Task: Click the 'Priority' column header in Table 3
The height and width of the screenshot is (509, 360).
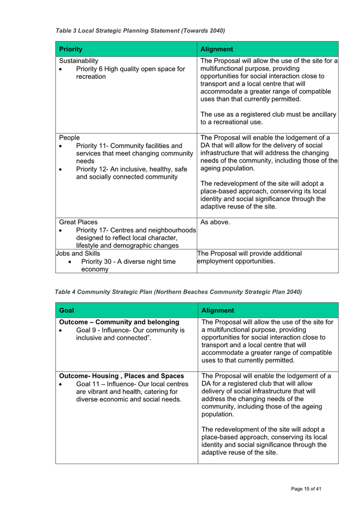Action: pyautogui.click(x=71, y=49)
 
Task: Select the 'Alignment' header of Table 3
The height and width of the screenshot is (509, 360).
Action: pyautogui.click(x=217, y=49)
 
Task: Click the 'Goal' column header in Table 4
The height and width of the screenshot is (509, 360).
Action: pyautogui.click(x=67, y=310)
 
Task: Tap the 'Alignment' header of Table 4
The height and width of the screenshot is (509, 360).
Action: pyautogui.click(x=218, y=310)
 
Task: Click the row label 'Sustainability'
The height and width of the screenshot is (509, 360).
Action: pyautogui.click(x=79, y=61)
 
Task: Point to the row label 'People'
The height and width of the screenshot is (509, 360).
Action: pyautogui.click(x=69, y=138)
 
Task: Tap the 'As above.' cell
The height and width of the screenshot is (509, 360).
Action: pyautogui.click(x=215, y=222)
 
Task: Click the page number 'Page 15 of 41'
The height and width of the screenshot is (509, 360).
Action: pyautogui.click(x=306, y=489)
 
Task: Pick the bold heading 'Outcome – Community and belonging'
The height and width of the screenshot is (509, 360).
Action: pyautogui.click(x=119, y=322)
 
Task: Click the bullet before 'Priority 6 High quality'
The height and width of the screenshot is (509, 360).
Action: pyautogui.click(x=62, y=69)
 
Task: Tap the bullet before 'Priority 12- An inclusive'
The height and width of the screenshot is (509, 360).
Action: pyautogui.click(x=62, y=169)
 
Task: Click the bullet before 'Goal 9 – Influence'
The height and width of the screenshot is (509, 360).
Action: pyautogui.click(x=62, y=330)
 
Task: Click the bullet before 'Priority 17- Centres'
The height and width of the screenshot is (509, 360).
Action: pyautogui.click(x=62, y=230)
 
